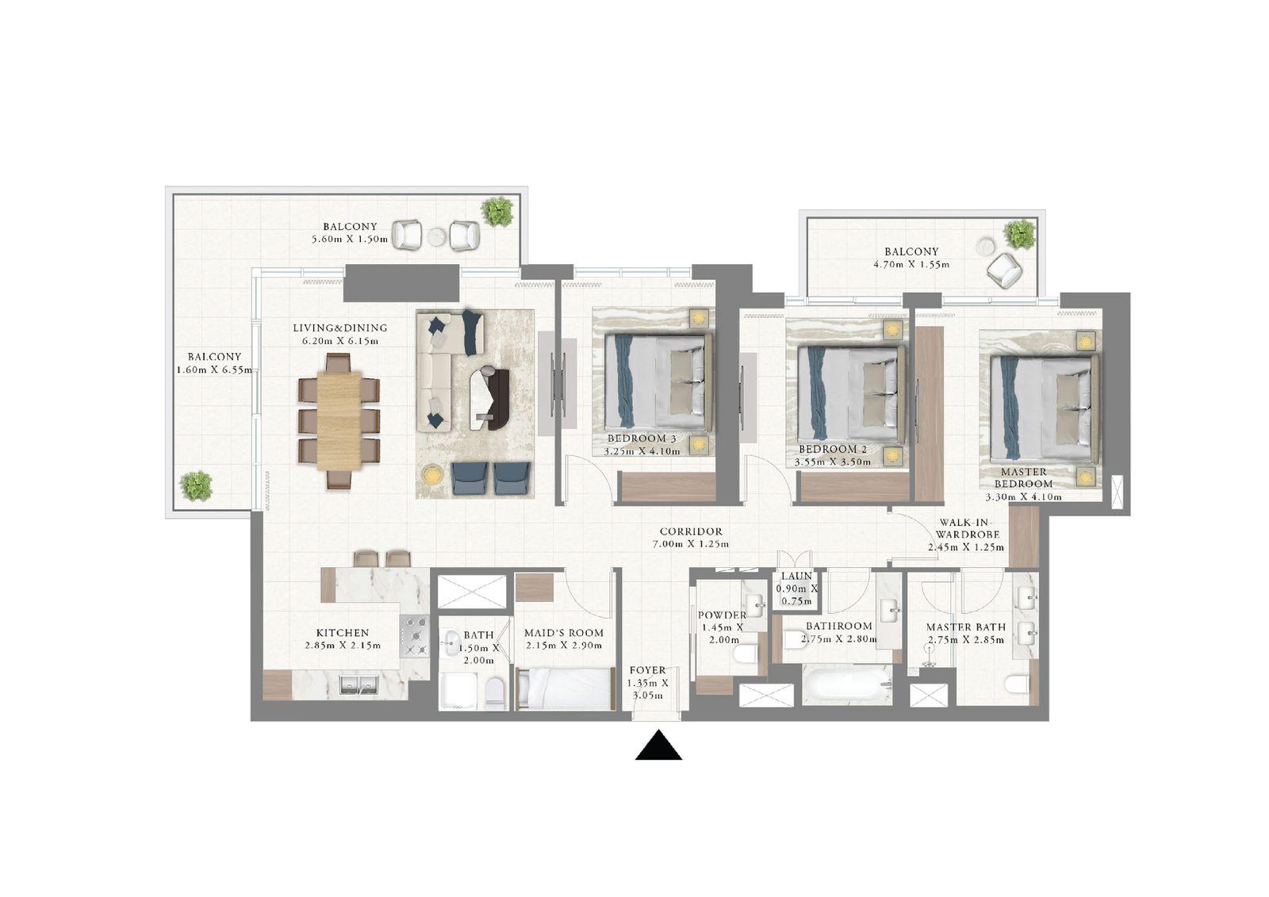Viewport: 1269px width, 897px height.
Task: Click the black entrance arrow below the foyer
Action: [x=658, y=747]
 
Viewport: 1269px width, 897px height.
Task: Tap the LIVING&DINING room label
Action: [x=339, y=328]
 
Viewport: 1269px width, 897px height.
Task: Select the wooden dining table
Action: [x=339, y=420]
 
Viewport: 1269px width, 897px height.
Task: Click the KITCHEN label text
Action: [x=342, y=633]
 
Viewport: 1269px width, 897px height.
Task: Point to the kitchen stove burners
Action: [x=415, y=636]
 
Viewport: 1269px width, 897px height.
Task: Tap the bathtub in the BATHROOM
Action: [x=847, y=684]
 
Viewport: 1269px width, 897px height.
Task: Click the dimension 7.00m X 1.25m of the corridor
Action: [x=690, y=544]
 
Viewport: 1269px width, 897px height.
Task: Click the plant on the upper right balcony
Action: [x=1019, y=234]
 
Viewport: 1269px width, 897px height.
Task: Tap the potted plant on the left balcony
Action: [x=195, y=485]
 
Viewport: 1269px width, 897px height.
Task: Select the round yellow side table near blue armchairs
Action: [x=431, y=474]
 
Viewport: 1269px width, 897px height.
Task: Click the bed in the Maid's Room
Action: [x=565, y=687]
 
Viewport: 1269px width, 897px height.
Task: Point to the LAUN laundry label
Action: [x=796, y=577]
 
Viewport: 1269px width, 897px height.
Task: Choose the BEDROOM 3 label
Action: [x=642, y=439]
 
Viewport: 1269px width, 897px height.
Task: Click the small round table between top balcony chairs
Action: [x=436, y=236]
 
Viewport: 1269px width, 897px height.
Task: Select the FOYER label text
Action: [x=647, y=670]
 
